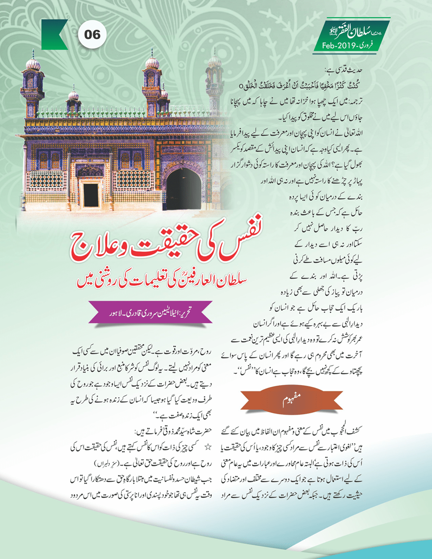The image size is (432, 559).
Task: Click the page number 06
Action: [92, 34]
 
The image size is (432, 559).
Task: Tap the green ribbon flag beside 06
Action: [53, 35]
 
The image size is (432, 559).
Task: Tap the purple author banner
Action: [150, 312]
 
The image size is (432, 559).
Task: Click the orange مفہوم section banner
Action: [292, 399]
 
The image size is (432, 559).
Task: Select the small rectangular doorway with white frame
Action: [91, 194]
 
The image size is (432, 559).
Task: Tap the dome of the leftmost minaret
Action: [33, 64]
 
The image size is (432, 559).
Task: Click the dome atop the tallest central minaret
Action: [152, 62]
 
